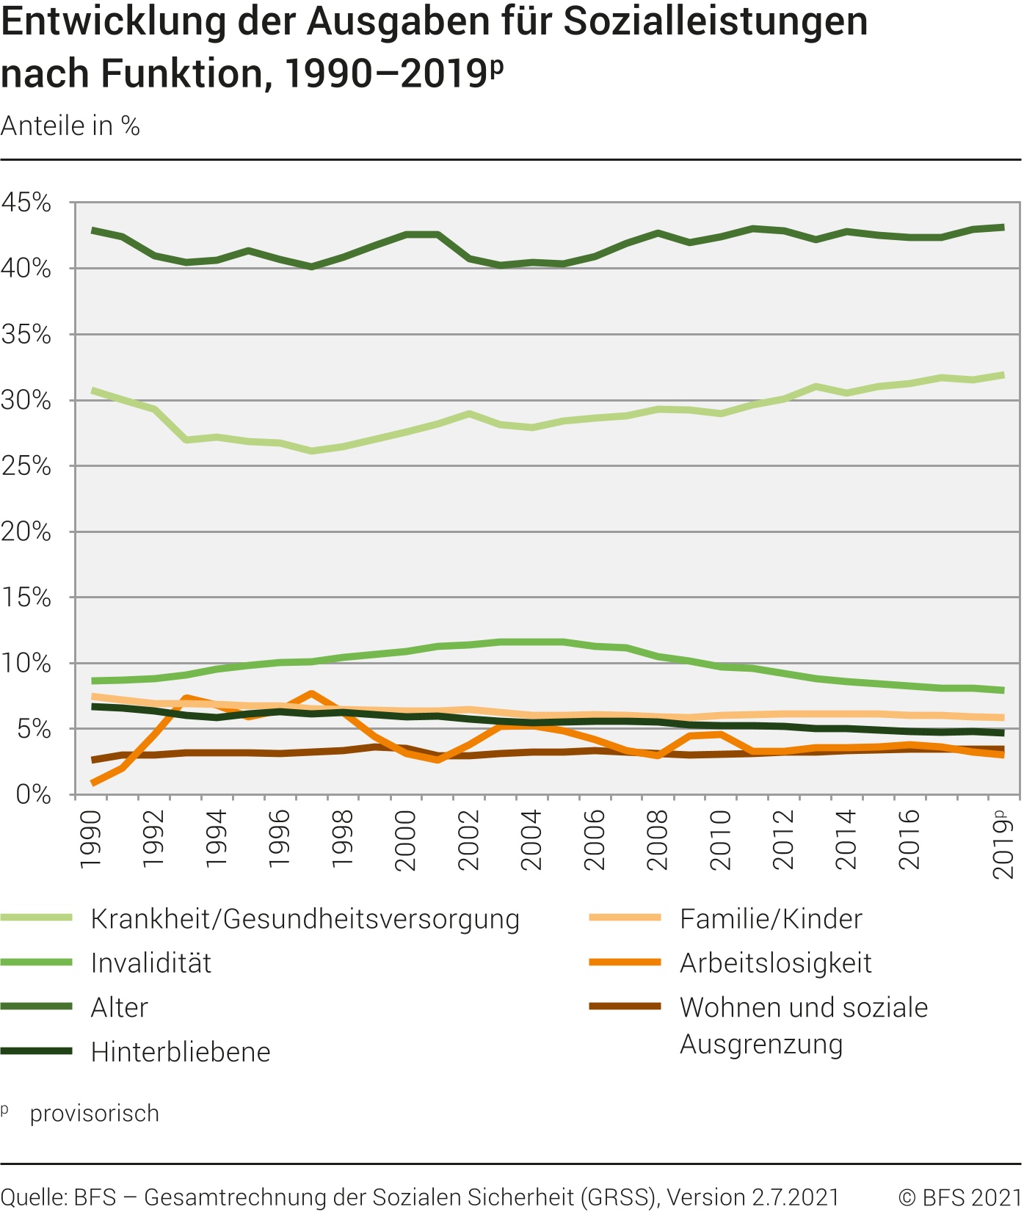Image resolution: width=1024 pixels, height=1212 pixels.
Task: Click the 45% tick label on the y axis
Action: [26, 203]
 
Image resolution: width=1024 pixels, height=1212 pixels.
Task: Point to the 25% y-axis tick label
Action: [26, 466]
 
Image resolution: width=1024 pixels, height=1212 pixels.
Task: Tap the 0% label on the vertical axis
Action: [34, 795]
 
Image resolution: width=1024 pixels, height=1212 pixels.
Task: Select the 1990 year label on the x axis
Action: [90, 839]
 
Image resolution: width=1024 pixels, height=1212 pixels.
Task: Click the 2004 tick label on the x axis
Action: [531, 840]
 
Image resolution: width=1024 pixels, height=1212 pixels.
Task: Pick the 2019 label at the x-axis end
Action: [1003, 844]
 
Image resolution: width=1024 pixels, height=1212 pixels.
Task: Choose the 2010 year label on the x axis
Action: [720, 840]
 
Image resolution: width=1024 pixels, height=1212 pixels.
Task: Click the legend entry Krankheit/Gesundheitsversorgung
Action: [305, 919]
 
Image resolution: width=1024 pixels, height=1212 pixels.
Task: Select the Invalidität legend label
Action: [150, 963]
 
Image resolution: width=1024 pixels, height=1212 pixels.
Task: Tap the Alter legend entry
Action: [119, 1008]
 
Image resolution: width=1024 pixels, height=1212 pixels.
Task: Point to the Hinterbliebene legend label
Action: [180, 1052]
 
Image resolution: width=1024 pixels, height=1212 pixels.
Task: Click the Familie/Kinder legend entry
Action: [771, 919]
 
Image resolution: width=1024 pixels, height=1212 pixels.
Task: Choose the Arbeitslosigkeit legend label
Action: [775, 963]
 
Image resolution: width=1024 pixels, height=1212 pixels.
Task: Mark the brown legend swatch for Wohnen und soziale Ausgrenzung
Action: [625, 1006]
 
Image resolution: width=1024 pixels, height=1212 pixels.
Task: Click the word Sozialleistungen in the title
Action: [716, 22]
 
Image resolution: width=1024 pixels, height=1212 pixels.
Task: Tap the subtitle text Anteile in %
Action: [70, 126]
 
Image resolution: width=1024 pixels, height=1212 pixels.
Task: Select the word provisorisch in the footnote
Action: [95, 1114]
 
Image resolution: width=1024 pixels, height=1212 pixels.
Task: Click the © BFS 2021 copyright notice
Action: [959, 1197]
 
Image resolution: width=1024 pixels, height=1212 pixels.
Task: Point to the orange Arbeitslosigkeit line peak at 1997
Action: [312, 694]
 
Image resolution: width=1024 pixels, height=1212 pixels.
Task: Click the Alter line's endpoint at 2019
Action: [1003, 228]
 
